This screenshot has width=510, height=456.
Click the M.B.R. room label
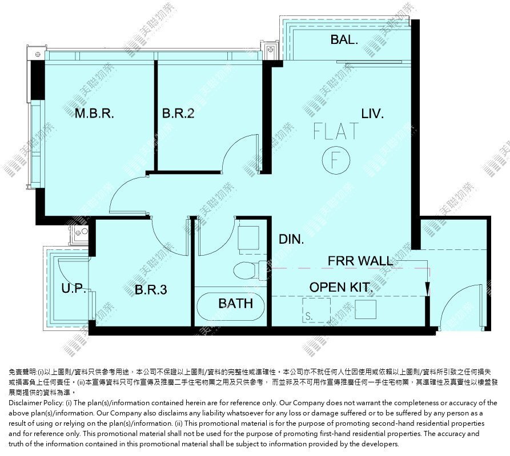[94, 114]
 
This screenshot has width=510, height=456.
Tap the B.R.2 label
[178, 114]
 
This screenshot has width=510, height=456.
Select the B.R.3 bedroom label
[151, 289]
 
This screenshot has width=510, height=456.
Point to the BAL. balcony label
[344, 39]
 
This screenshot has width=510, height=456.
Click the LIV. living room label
[372, 114]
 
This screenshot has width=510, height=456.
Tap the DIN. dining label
[291, 240]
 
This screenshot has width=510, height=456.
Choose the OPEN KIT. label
[341, 287]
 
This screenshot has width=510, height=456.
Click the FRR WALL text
[360, 261]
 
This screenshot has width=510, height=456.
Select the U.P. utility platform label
[74, 288]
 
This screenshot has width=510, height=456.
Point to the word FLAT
[336, 131]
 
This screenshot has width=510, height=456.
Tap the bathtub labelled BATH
[230, 306]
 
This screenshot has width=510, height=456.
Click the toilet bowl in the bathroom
[245, 271]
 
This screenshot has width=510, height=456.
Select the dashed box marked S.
[316, 310]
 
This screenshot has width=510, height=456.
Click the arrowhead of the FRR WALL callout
[427, 288]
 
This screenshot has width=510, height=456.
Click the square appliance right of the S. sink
[366, 309]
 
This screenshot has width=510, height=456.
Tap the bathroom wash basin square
[248, 238]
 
